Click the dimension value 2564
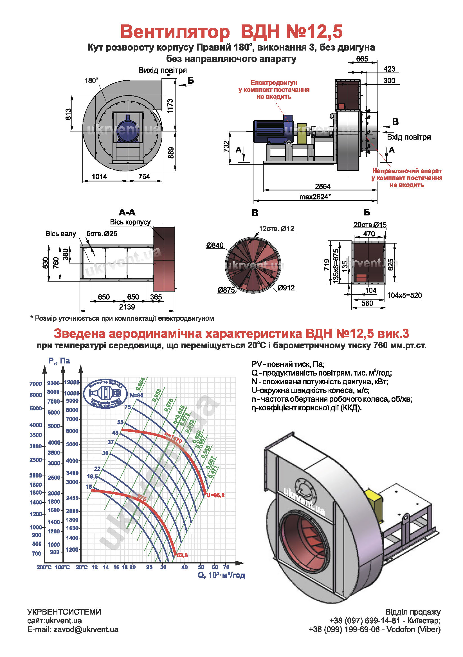coord(323,187)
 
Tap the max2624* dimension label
coord(315,197)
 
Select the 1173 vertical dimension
coord(170,106)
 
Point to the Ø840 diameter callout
coord(215,245)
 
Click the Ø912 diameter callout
coord(286,288)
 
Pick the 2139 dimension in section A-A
coord(127,307)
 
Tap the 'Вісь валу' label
coord(61,233)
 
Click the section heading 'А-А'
coord(127,212)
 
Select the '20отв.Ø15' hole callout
coord(370,225)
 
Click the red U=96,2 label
coord(215,495)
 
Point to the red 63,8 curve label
coord(182,555)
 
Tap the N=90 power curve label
coord(137,395)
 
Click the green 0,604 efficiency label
coord(140,384)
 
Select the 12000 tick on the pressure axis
coord(72,382)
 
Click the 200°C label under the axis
coord(44,567)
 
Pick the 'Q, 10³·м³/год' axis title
coord(221,575)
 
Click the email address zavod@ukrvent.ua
coord(86,629)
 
